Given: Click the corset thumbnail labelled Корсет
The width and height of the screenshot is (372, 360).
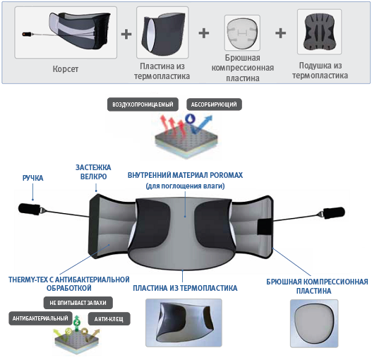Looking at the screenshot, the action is point(66,32).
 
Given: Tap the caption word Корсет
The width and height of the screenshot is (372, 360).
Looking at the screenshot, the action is point(66,69).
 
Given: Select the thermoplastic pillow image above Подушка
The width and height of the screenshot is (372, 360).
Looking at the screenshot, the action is point(319,32).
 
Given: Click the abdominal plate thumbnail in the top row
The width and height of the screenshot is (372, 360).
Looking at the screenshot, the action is point(242,32).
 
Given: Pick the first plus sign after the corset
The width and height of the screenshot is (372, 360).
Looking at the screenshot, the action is point(126,34).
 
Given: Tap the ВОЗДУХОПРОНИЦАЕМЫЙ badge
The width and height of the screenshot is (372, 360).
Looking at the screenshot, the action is point(143,104).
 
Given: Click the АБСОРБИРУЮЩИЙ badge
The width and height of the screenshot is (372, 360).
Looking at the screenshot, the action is point(214,104).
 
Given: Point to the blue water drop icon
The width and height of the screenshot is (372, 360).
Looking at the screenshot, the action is point(190,119).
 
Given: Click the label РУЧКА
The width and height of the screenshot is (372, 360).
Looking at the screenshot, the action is point(32,178).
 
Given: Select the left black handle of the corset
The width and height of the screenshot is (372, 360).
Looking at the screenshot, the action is point(29,209).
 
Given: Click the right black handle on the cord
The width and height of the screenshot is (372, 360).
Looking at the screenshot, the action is point(334,212).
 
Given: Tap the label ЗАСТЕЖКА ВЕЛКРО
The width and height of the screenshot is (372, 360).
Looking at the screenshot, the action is point(93,172).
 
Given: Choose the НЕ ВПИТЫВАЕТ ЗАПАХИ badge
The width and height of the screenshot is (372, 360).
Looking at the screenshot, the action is point(78,303).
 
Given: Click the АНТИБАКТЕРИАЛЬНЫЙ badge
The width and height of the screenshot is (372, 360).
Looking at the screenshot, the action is point(40,318).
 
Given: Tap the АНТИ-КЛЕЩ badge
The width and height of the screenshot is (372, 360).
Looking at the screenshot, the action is point(109,319).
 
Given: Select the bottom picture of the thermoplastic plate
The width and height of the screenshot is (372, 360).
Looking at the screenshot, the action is point(184,323).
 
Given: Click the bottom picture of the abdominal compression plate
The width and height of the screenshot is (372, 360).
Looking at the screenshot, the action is point(314,323).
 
